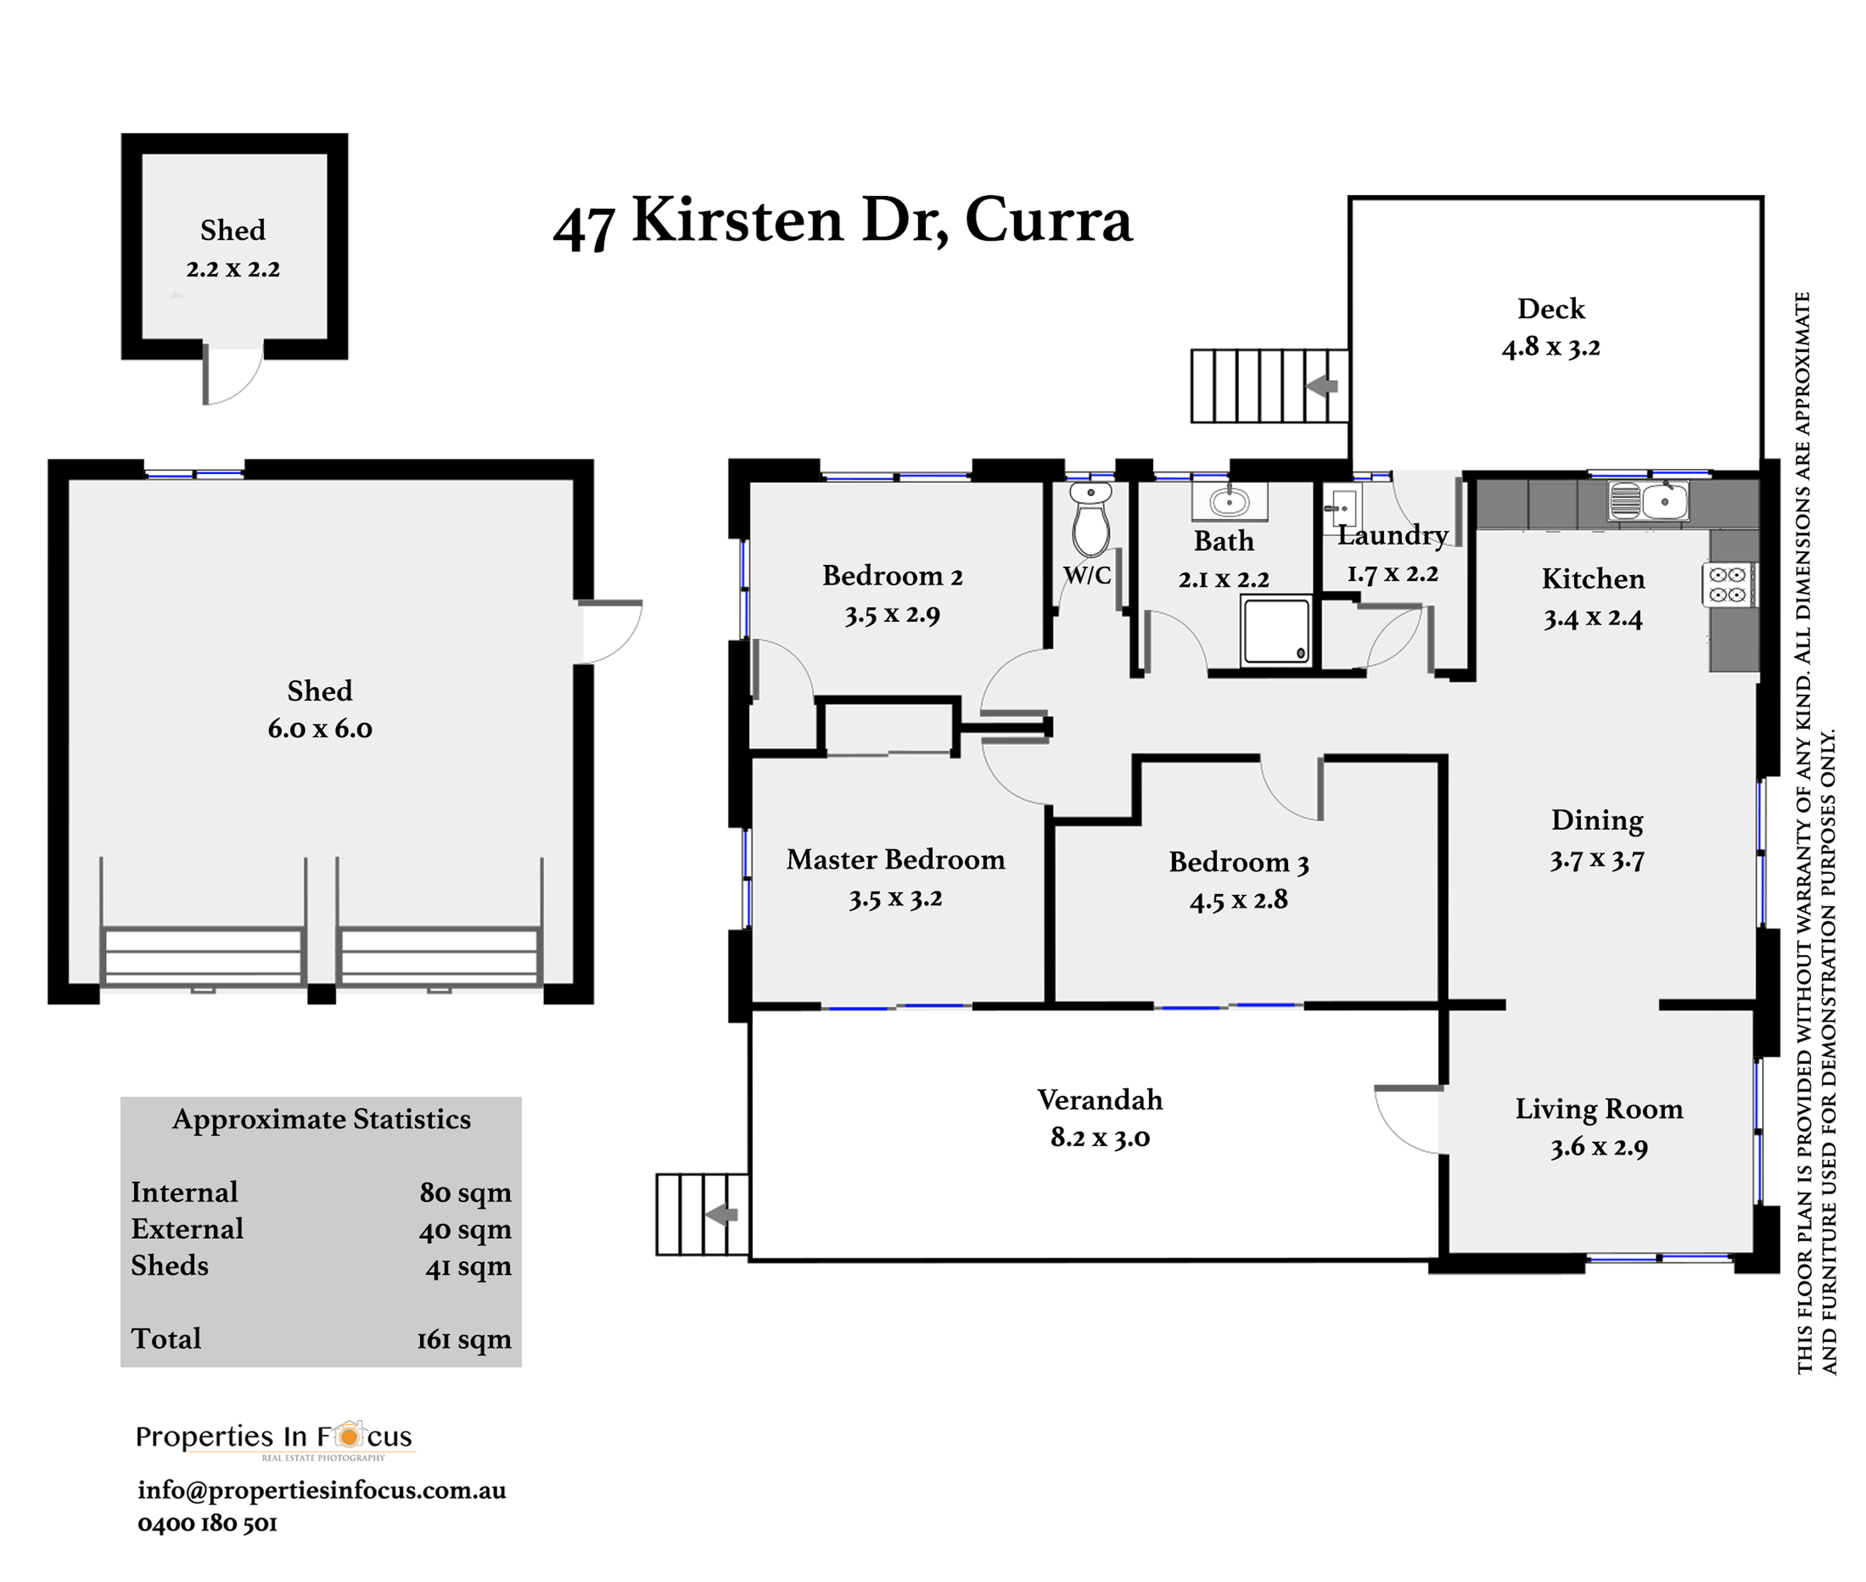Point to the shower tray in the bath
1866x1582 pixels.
(x=1275, y=632)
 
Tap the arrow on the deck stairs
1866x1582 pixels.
(x=1322, y=386)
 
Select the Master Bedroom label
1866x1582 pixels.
(x=895, y=859)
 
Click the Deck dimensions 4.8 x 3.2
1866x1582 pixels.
(x=1551, y=347)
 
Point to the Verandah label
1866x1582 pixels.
(x=1100, y=1100)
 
